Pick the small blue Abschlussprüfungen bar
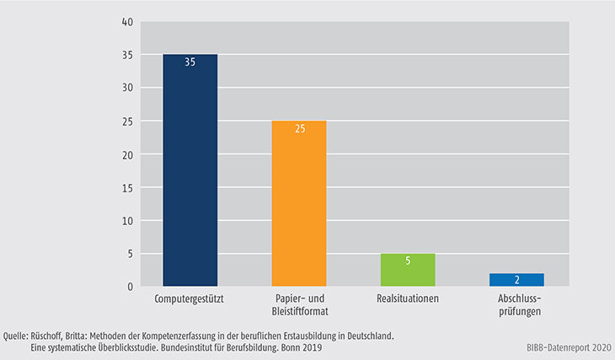(516, 280)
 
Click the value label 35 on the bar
(190, 62)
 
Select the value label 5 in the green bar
(408, 261)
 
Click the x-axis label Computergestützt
(190, 299)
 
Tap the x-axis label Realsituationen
(408, 299)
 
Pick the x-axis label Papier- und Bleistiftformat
(298, 305)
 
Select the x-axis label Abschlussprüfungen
(516, 305)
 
